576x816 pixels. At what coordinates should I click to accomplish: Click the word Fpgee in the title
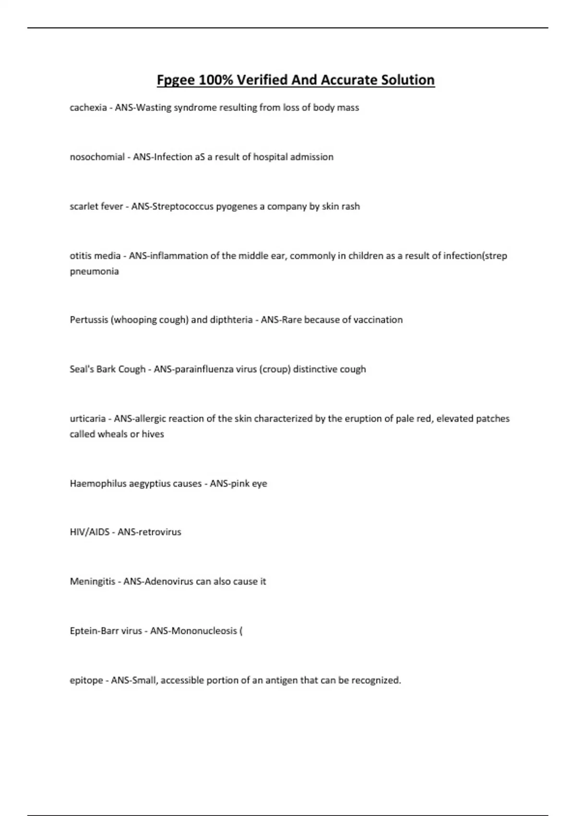coord(175,80)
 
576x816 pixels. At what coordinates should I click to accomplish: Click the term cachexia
coord(88,108)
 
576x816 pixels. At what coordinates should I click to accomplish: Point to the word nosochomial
coord(97,157)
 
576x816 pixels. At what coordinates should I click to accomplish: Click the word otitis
coord(80,256)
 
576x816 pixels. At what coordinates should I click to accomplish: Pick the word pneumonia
coord(94,271)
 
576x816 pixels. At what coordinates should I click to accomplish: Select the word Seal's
coord(82,369)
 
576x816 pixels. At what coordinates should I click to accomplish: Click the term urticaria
coord(87,419)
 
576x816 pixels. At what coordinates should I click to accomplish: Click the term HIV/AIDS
coord(90,532)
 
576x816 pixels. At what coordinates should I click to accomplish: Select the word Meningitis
coord(93,581)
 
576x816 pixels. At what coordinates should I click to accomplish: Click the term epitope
coord(86,680)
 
